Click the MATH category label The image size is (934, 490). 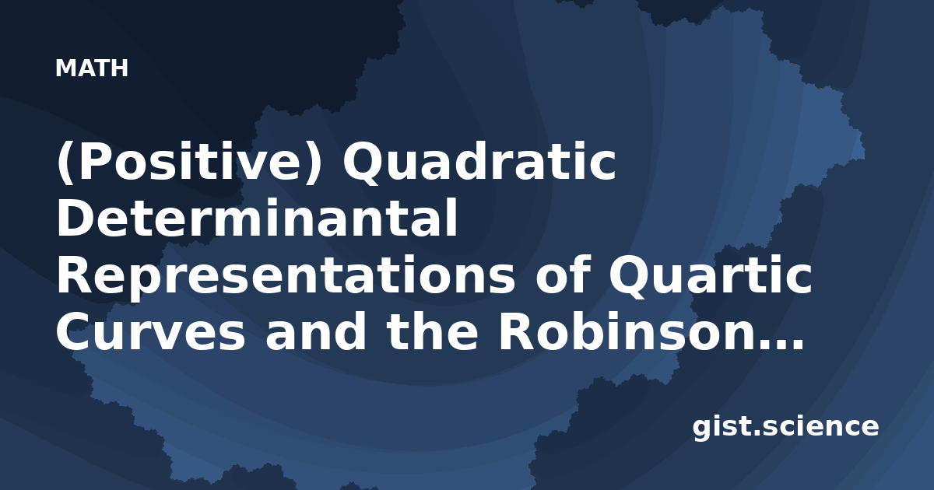pos(92,68)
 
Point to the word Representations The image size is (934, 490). pos(286,276)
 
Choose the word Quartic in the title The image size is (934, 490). pos(711,275)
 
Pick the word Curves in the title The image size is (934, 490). pos(151,332)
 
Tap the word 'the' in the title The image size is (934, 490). pos(433,331)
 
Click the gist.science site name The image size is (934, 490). pos(785,427)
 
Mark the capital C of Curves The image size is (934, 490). pos(75,331)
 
